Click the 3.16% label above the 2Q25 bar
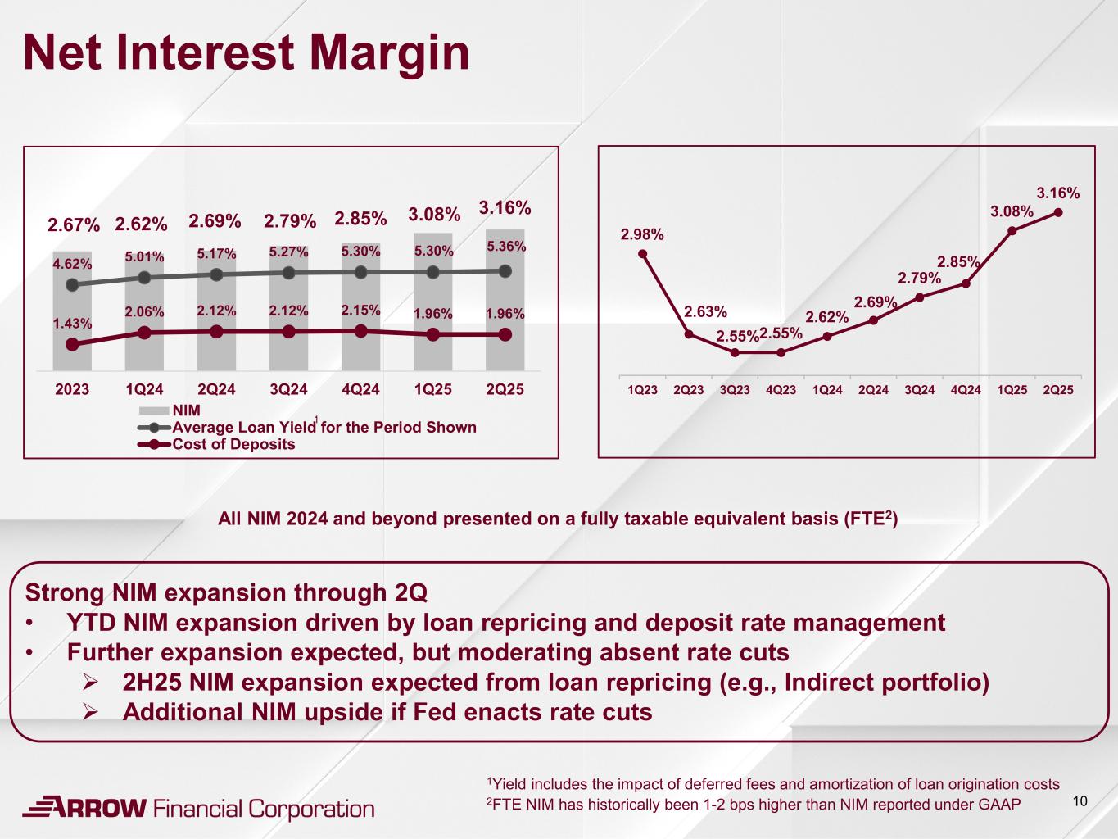coord(505,207)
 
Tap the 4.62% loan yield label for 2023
coord(72,264)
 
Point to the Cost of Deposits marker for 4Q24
coord(360,330)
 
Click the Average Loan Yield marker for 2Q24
coord(216,274)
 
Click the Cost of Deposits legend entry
coord(233,445)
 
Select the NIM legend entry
coord(186,410)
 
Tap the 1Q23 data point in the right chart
coord(643,253)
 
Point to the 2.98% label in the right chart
coord(642,235)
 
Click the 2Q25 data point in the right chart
coord(1058,212)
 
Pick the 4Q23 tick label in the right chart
coord(781,390)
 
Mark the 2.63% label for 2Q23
coord(705,311)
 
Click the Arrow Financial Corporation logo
coord(197,808)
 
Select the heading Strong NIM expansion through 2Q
coord(227,592)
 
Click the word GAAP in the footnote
coord(999,804)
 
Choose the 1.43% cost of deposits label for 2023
coord(72,324)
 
